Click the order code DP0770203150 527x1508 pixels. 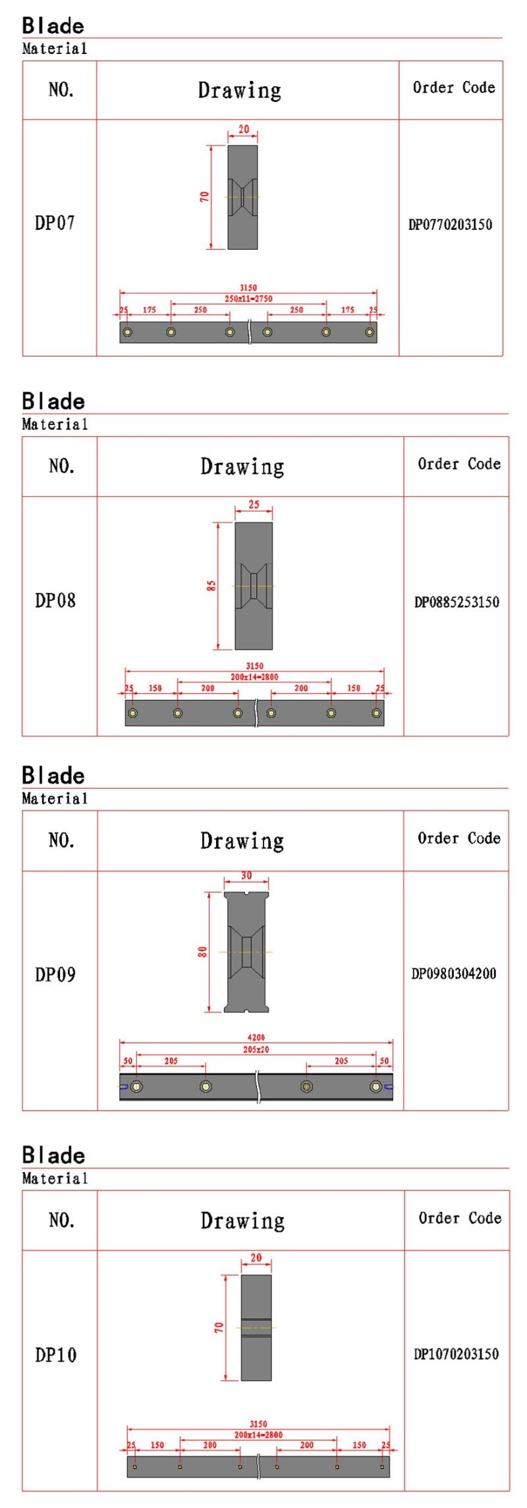tap(451, 224)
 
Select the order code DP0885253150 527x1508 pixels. tap(457, 602)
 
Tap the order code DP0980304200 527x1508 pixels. tap(454, 973)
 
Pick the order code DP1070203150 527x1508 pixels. tap(457, 1354)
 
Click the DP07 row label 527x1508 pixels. tap(55, 223)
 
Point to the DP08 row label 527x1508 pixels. tap(55, 600)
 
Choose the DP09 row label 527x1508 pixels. tap(55, 974)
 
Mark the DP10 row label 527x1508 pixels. tap(56, 1355)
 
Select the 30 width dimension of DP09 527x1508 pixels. tap(246, 876)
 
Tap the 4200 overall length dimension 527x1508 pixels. tap(256, 1037)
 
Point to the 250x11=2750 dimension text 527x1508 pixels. tap(248, 299)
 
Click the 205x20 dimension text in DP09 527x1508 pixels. tap(256, 1049)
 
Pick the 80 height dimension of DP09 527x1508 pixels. tap(203, 952)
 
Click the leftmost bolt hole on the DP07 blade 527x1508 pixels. tap(127, 332)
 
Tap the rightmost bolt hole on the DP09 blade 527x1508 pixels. tap(375, 1086)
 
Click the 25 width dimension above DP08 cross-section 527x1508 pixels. tap(254, 504)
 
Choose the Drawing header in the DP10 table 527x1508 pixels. tap(242, 1221)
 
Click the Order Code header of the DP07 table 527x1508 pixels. tap(454, 88)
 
